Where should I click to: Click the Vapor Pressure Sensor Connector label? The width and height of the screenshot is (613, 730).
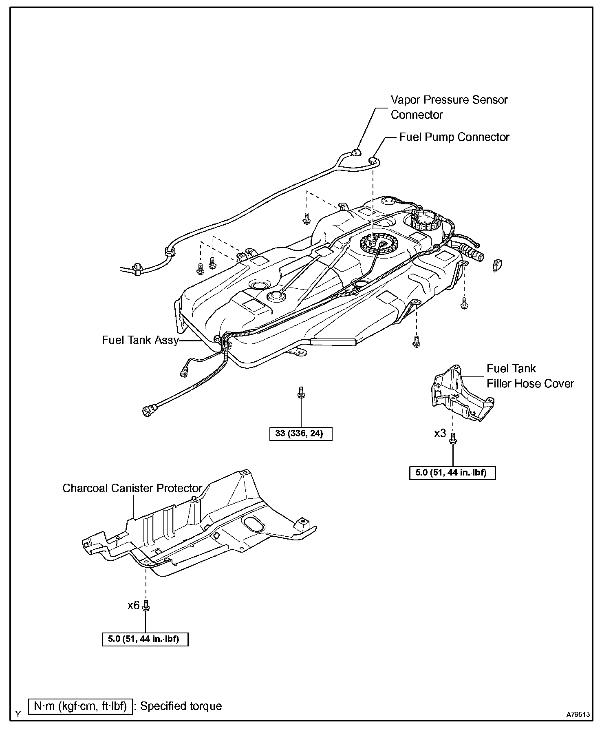449,107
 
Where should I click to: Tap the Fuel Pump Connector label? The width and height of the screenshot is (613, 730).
454,137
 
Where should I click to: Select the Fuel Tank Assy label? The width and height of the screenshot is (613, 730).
140,340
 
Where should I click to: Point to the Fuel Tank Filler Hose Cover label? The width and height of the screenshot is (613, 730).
530,376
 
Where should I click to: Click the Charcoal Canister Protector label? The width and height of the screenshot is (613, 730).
132,488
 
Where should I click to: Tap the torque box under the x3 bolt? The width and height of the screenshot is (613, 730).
452,473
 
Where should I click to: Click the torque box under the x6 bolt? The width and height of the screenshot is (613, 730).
145,639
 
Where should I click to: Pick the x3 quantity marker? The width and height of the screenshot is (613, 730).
440,433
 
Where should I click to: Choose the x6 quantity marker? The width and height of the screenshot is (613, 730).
133,605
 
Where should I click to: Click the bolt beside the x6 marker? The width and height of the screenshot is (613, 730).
146,607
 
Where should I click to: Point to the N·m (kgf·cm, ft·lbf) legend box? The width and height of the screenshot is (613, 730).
80,706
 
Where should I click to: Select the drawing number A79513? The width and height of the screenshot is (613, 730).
578,715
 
